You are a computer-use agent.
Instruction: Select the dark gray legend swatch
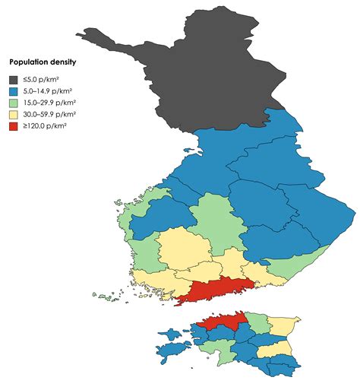tap(14, 78)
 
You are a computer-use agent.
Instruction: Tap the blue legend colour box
tap(14, 90)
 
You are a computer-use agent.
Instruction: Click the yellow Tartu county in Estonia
tap(274, 348)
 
